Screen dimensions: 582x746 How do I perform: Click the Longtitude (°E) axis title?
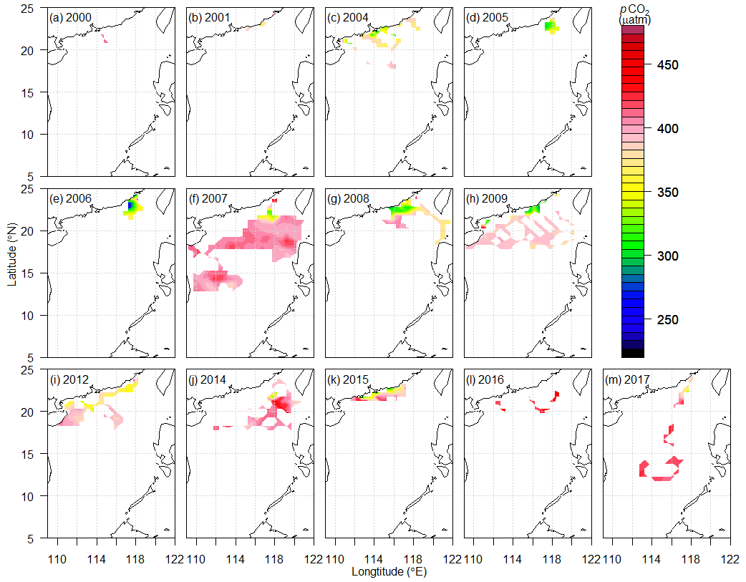[x=389, y=572]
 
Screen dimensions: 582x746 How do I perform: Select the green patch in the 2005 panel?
[x=549, y=26]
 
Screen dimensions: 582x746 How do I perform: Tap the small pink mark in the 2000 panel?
[x=105, y=40]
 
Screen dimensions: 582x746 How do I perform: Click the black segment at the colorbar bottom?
[x=633, y=352]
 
